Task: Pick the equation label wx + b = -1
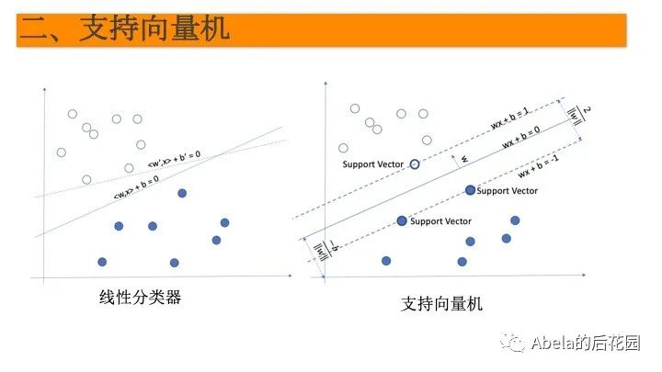(x=540, y=171)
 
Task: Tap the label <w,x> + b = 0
(x=134, y=189)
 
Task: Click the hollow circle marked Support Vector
(x=414, y=163)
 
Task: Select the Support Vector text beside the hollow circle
(x=372, y=164)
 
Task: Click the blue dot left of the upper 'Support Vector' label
(x=470, y=190)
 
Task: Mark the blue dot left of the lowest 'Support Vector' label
(x=402, y=221)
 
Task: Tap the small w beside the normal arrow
(x=464, y=159)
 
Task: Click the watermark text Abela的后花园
(x=585, y=344)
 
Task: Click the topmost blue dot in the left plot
(x=181, y=192)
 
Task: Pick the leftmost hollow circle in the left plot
(x=62, y=152)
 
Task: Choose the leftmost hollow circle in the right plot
(x=344, y=147)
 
